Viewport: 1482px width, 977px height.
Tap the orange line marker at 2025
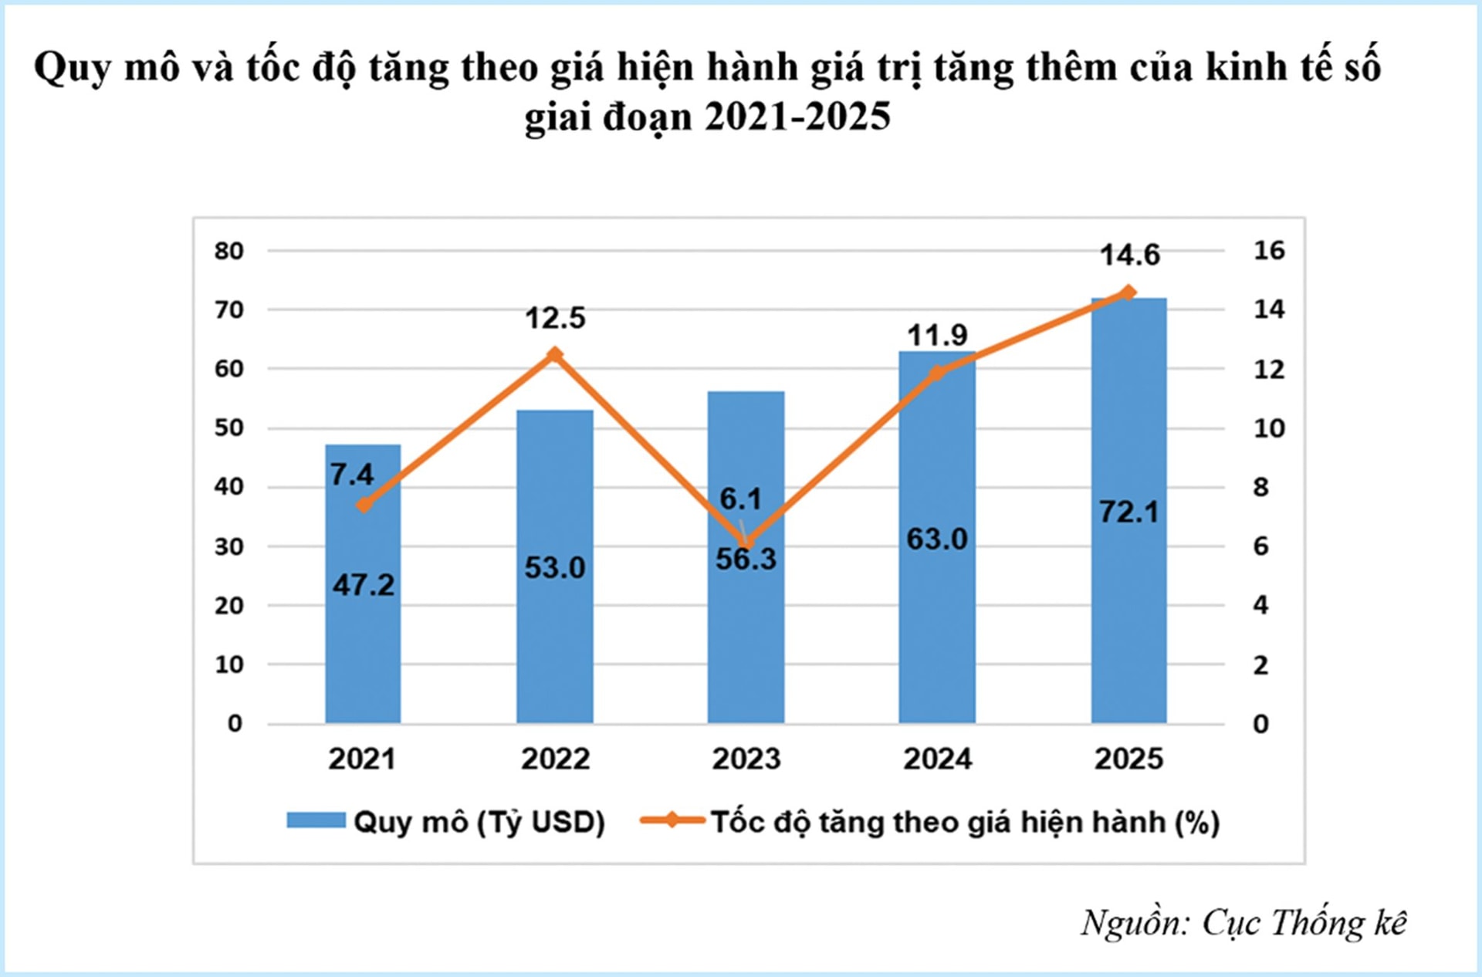pos(1128,292)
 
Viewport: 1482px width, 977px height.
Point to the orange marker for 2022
pos(554,355)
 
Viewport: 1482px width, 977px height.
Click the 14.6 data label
pos(1129,255)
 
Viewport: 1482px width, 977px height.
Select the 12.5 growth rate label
pos(555,318)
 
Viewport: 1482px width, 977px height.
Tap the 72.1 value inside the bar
pos(1129,512)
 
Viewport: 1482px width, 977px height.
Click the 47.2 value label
pos(363,585)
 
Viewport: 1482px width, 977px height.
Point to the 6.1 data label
pos(740,499)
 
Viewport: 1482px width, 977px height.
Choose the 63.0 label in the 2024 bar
pos(937,539)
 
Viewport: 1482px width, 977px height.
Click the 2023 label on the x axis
pos(746,759)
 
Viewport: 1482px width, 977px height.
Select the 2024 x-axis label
pos(937,759)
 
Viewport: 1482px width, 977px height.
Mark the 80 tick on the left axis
pos(229,251)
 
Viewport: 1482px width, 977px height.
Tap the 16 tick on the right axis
pos(1269,250)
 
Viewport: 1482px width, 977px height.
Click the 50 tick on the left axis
pos(229,428)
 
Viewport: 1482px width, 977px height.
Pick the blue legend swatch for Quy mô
pos(316,820)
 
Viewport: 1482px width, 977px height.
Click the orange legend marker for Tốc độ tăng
pos(672,820)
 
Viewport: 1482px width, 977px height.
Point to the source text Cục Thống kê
pos(1304,923)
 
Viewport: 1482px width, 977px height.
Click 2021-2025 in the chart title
pos(797,117)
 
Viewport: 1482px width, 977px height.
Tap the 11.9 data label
pos(937,335)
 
